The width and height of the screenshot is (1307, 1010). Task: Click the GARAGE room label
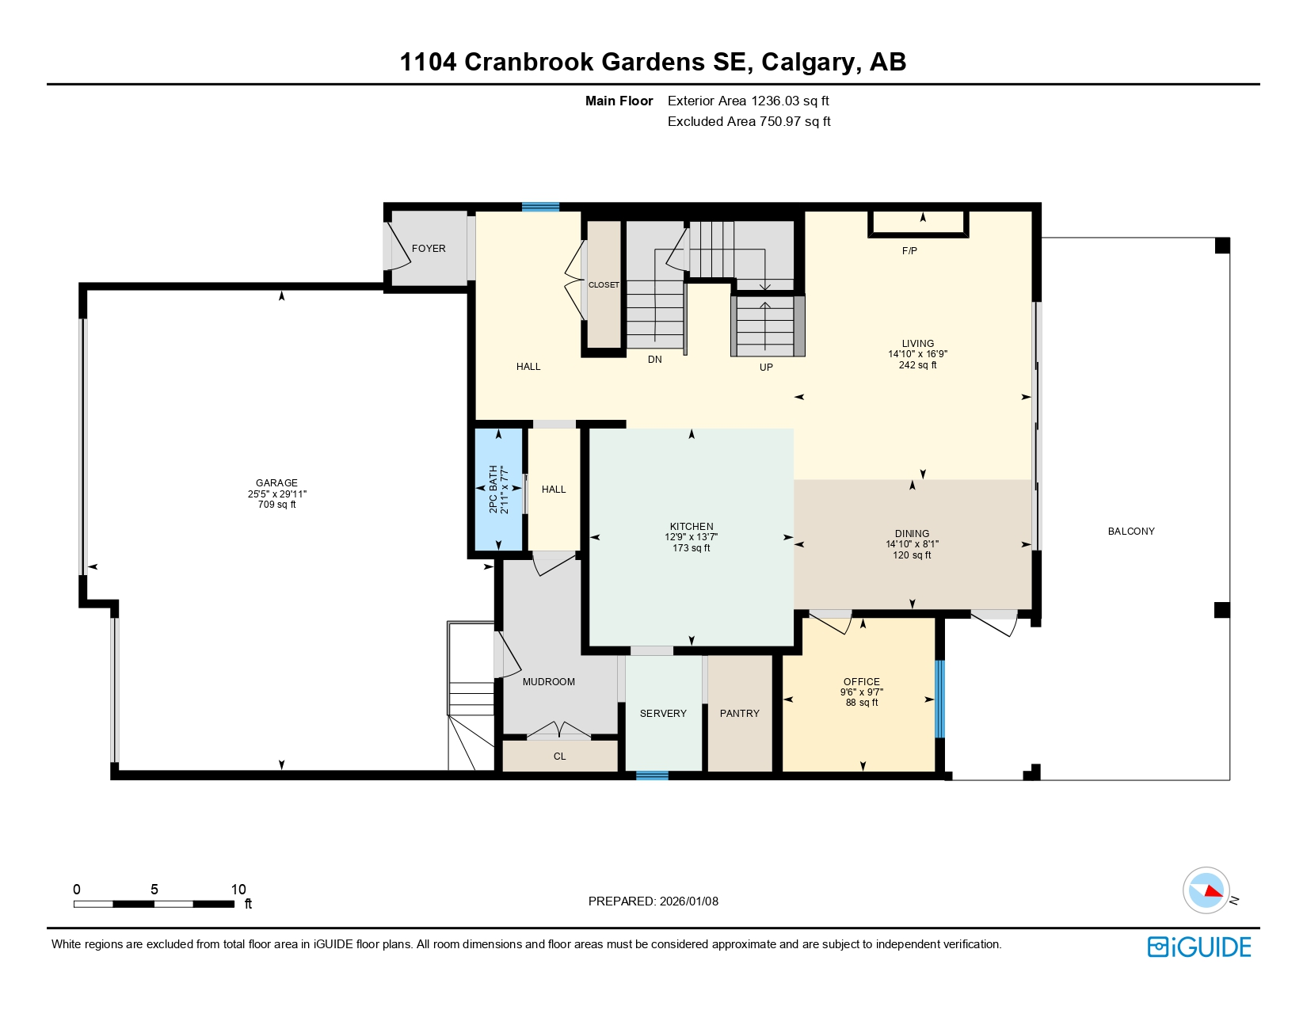276,482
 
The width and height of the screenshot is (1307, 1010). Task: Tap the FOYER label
429,249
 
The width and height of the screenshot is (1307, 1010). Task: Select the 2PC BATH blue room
498,490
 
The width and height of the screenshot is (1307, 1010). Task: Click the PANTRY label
739,714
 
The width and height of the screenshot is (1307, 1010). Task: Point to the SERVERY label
663,714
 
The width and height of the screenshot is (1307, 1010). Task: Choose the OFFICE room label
861,681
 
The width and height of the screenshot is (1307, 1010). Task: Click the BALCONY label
1130,532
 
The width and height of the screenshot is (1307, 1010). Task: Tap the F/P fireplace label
909,251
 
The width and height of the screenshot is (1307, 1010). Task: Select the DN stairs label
654,360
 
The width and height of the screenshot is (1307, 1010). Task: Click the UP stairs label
766,368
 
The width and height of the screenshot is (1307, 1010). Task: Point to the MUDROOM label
548,682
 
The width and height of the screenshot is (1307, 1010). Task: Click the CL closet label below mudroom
559,757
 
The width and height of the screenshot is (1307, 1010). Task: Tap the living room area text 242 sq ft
917,365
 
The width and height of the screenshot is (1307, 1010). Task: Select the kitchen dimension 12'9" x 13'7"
691,537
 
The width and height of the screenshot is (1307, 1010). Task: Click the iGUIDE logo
1199,947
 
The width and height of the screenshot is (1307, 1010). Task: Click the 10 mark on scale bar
238,890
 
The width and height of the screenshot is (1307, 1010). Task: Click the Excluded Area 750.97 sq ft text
749,121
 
